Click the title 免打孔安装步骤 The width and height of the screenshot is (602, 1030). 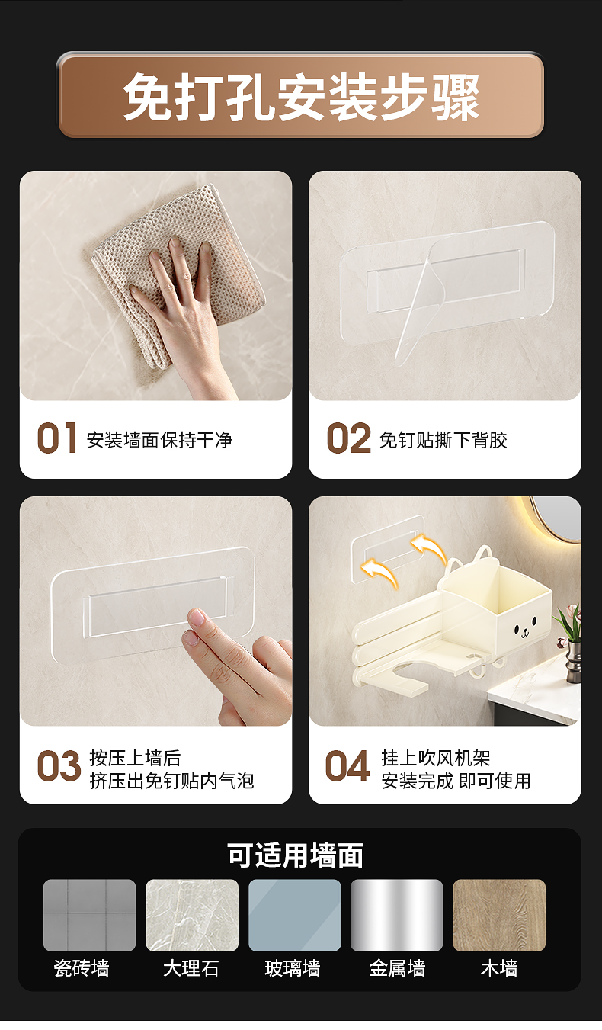point(301,97)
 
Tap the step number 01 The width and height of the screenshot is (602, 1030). point(56,438)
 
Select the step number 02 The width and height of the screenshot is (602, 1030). point(348,438)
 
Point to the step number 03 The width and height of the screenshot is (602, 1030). point(59,765)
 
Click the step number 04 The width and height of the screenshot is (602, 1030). point(347,765)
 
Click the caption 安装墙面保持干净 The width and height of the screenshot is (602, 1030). point(159,440)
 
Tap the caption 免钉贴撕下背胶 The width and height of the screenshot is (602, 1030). point(443,440)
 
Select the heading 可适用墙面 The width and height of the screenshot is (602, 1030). point(296,855)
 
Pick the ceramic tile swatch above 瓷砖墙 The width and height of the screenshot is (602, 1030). point(90,916)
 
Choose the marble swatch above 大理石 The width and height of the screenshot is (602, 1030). point(192,916)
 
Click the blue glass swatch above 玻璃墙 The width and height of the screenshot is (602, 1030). point(295,916)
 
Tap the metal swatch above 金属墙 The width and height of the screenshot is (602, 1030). point(396,916)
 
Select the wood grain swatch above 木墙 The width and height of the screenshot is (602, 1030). point(499,916)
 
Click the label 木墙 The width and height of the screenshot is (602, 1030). point(499,968)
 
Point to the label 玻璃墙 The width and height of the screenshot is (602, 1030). point(293,968)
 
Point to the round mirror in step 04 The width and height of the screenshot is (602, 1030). point(559,520)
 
